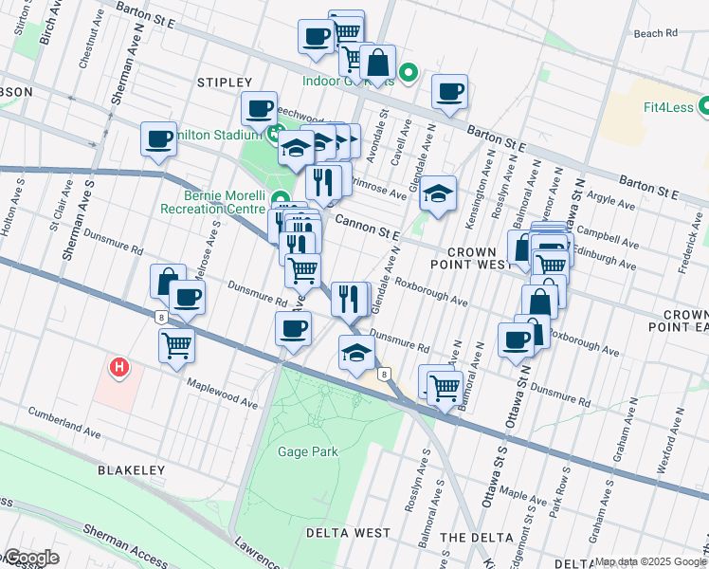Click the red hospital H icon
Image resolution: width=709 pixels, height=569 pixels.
coord(118,367)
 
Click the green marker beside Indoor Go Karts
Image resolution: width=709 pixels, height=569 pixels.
coord(409,72)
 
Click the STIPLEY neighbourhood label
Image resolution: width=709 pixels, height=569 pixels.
coord(225,83)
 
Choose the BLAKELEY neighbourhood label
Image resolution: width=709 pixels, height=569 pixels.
coord(131,469)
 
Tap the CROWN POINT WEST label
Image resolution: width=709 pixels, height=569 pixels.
coord(471,257)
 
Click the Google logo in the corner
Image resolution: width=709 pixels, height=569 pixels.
coord(30,557)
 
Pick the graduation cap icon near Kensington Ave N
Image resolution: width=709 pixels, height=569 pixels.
coord(438,193)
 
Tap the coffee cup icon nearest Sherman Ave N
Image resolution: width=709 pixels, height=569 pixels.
coord(158,138)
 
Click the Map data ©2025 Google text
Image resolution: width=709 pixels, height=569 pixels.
coord(650,561)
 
